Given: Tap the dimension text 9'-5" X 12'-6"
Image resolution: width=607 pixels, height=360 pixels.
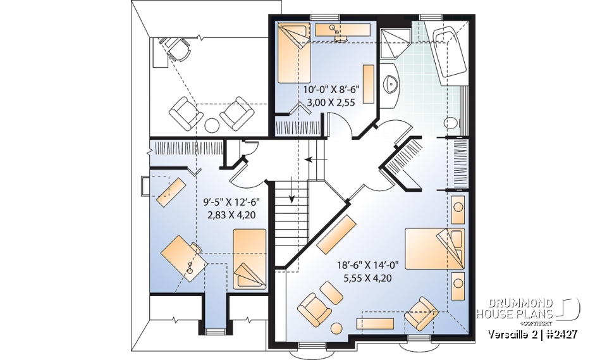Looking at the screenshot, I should tap(231, 202).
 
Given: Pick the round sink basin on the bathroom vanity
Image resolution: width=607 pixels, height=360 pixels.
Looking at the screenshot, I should tap(391, 82).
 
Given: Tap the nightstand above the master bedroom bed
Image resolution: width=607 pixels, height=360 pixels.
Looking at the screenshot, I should tap(458, 208).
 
